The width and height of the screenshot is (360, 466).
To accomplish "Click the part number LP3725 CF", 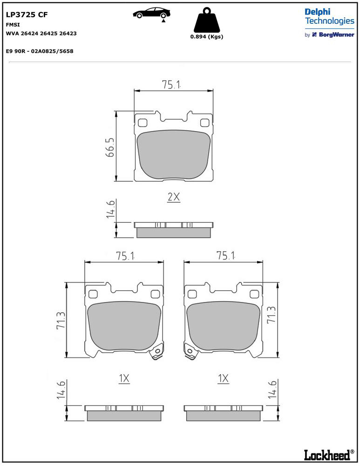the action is (x=27, y=14).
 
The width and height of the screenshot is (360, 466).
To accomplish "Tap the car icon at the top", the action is (x=151, y=14).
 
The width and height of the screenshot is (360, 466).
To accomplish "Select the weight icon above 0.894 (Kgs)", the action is (x=207, y=20).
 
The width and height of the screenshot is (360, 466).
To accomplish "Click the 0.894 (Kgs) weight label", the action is (x=207, y=36).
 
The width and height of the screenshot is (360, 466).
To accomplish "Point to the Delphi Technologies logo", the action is (x=329, y=17).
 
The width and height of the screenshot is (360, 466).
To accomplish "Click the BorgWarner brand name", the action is (x=337, y=34).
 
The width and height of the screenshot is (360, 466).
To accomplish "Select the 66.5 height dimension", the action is (x=110, y=147).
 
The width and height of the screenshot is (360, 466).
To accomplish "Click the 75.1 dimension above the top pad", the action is (x=171, y=85).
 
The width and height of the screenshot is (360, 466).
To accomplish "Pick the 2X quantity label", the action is (x=174, y=197).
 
